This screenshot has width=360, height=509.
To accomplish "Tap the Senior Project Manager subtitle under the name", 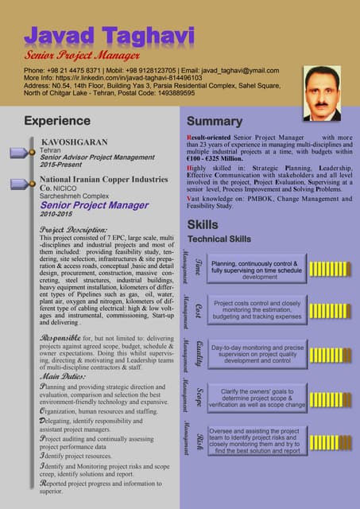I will tap(83, 56).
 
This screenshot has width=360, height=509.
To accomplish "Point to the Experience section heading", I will tap(57, 121).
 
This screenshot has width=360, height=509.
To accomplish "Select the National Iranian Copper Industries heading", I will tap(103, 181).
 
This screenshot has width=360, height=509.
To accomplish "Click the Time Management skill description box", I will tap(255, 270).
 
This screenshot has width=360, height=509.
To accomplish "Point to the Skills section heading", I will tap(203, 225).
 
